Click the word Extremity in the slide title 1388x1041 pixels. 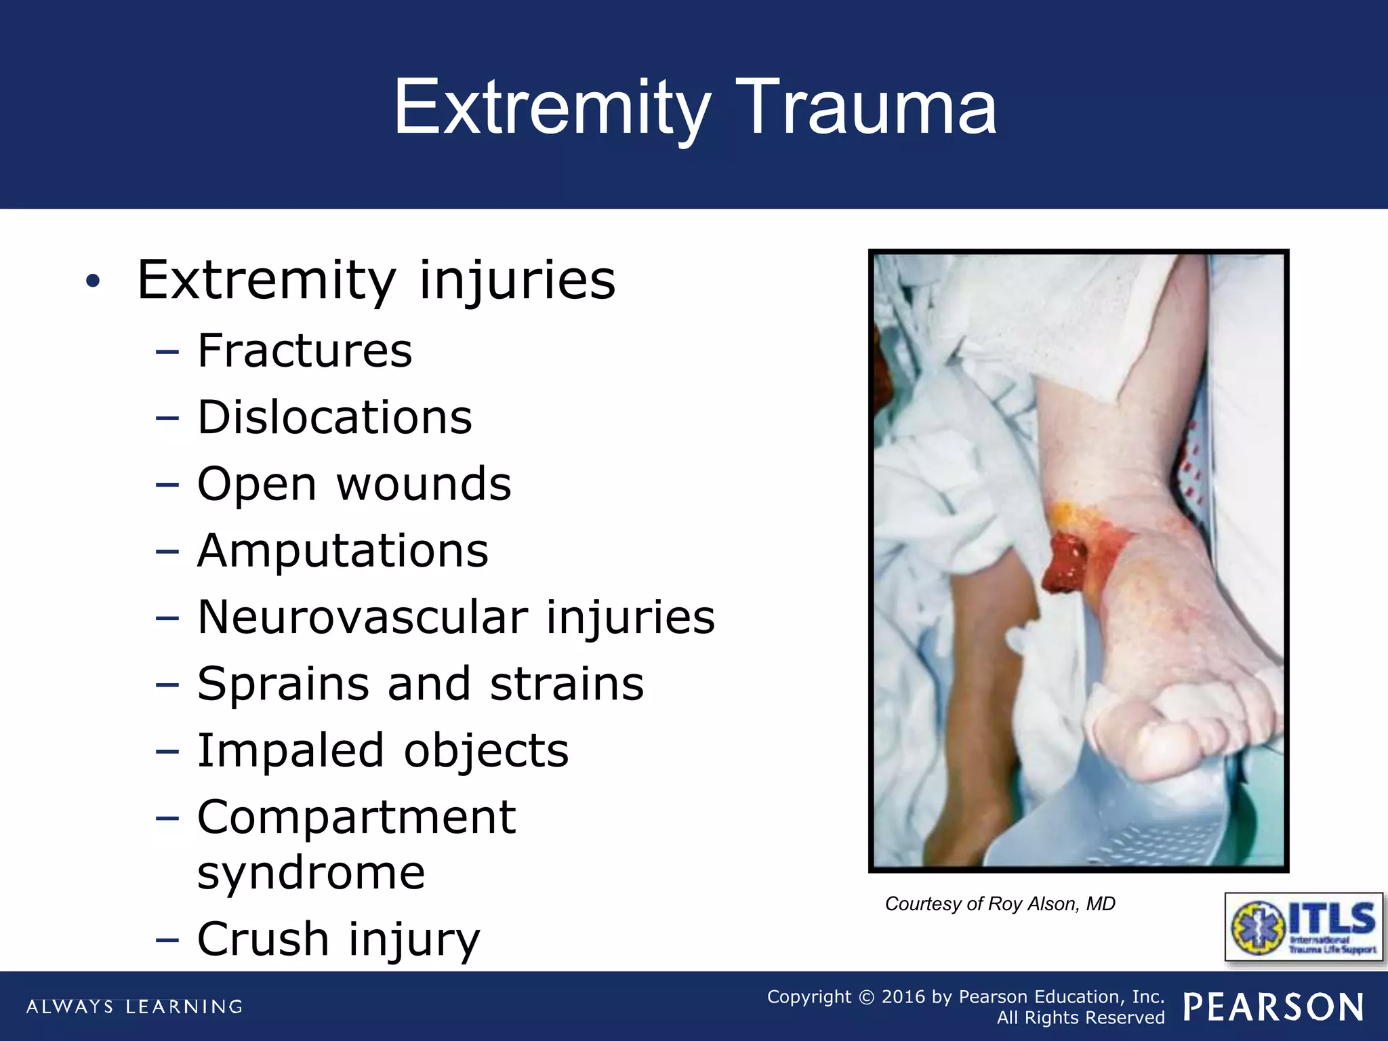click(x=552, y=108)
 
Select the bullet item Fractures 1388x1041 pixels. click(x=304, y=350)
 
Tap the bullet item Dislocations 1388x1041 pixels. click(x=334, y=417)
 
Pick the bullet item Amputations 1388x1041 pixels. click(x=342, y=550)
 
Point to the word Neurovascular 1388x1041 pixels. click(x=362, y=617)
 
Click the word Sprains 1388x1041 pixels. click(x=283, y=683)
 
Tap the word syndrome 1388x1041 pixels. click(x=311, y=872)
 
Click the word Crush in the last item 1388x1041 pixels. click(x=263, y=939)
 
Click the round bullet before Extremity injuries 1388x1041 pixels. click(x=93, y=281)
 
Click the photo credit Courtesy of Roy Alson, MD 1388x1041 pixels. click(x=1000, y=903)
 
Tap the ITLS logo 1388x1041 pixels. click(x=1304, y=926)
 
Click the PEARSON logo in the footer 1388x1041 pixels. click(x=1273, y=1007)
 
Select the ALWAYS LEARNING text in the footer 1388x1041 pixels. click(x=134, y=1006)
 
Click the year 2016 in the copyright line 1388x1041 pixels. click(x=903, y=996)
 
